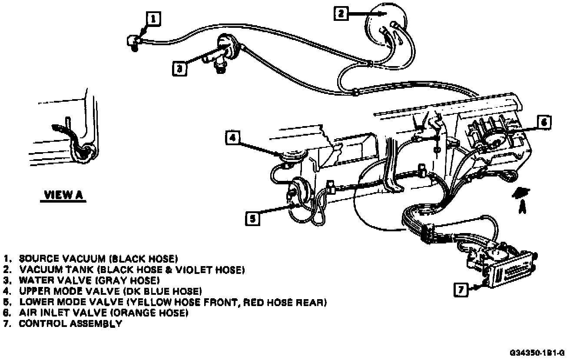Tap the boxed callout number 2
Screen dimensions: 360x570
click(x=341, y=14)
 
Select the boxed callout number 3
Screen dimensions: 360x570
click(x=179, y=68)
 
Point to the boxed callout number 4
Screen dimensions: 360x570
click(x=233, y=137)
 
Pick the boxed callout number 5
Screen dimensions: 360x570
click(x=252, y=218)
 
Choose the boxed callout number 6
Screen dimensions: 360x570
click(x=543, y=122)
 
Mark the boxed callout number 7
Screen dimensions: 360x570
click(x=461, y=289)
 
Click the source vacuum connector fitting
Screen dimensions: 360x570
click(x=133, y=41)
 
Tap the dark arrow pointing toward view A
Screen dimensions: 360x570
click(x=523, y=193)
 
